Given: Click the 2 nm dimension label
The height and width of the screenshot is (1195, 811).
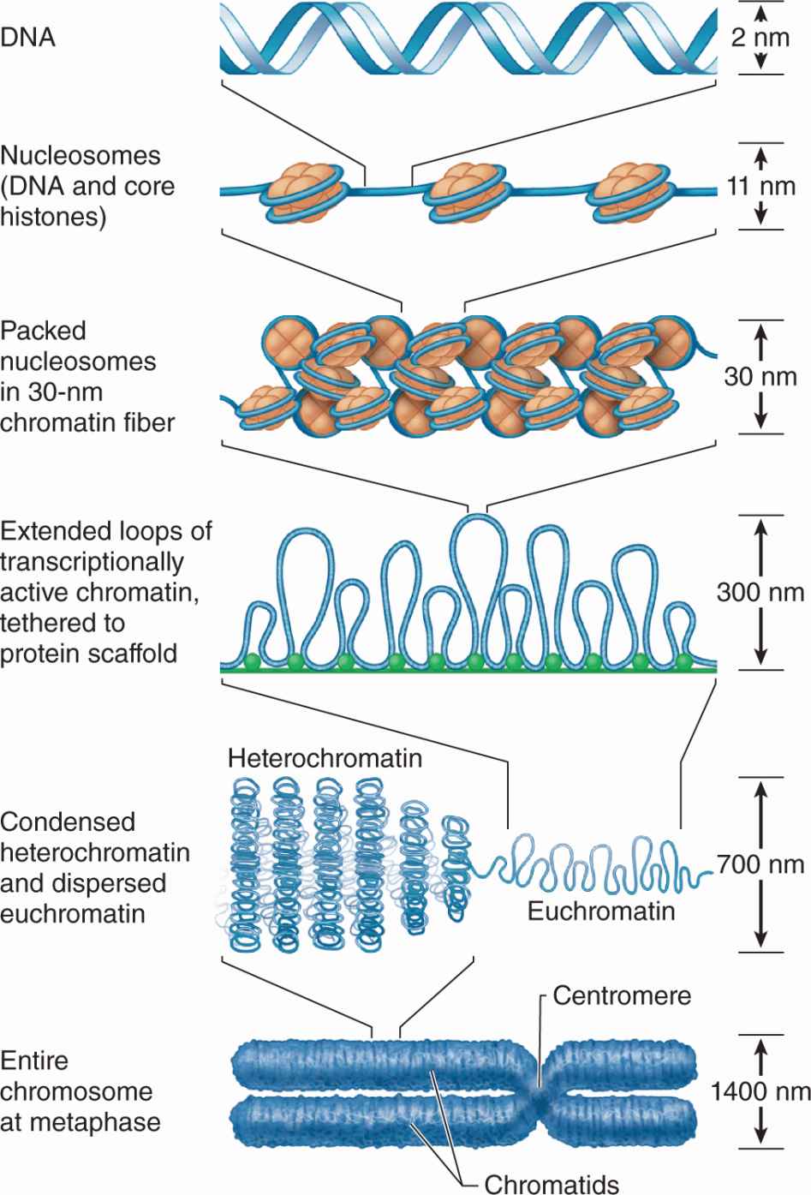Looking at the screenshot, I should point(760,39).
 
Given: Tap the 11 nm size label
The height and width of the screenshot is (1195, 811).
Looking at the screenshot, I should point(760,186).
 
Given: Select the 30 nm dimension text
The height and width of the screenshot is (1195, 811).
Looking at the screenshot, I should point(760,376).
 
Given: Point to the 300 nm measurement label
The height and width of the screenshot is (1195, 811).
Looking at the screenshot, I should point(760,592).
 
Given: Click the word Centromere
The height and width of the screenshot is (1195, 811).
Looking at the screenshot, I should point(622,995).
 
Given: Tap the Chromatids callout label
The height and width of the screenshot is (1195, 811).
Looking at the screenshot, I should point(552,1184).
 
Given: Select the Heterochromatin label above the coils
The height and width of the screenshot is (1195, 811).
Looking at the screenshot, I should point(325,758).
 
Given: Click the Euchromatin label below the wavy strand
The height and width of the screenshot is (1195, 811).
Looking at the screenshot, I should point(600,910).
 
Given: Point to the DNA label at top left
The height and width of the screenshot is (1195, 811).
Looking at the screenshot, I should point(27,38).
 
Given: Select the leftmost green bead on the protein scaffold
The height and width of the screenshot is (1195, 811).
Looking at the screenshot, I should point(252,661).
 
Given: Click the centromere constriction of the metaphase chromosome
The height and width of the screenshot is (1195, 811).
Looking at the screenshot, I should point(540,1092).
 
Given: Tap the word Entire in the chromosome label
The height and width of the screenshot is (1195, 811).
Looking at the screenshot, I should point(34,1061).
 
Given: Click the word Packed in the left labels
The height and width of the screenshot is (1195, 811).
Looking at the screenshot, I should point(44,331).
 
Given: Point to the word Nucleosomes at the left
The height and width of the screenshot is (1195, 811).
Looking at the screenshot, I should point(81,156).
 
